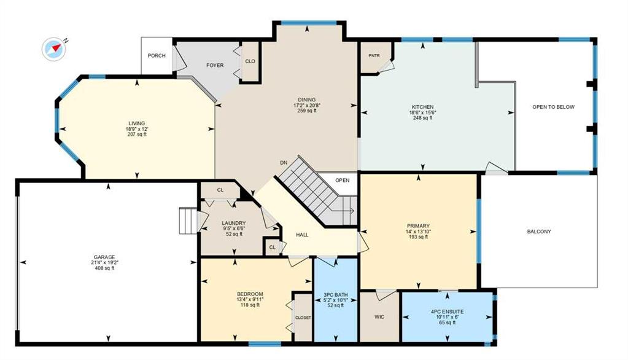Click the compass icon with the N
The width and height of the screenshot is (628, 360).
pos(53,49)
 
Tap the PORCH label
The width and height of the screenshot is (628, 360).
pos(157,56)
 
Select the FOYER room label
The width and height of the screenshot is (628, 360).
pos(215,65)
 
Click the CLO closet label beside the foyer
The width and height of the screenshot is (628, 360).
pos(250,61)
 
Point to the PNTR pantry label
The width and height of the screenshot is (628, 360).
pos(374,56)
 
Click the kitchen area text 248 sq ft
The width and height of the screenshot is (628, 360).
pos(422,119)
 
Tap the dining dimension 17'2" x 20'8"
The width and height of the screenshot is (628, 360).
pos(307,105)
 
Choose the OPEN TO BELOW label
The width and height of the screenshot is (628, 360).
pos(553,107)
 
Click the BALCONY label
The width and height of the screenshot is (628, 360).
pos(539,232)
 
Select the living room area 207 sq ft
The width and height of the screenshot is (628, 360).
pos(136,135)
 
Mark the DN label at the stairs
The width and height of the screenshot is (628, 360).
pos(284,163)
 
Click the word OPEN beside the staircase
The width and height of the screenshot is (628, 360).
pos(342,181)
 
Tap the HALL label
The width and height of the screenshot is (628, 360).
pos(302,235)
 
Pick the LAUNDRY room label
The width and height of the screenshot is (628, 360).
pos(234,223)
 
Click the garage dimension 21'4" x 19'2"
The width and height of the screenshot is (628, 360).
pos(104,262)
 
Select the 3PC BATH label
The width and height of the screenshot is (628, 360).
pos(336,295)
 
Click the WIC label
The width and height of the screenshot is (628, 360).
pos(379,317)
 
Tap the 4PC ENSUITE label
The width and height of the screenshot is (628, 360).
pos(447,311)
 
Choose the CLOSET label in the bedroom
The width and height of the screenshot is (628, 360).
pos(303,318)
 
